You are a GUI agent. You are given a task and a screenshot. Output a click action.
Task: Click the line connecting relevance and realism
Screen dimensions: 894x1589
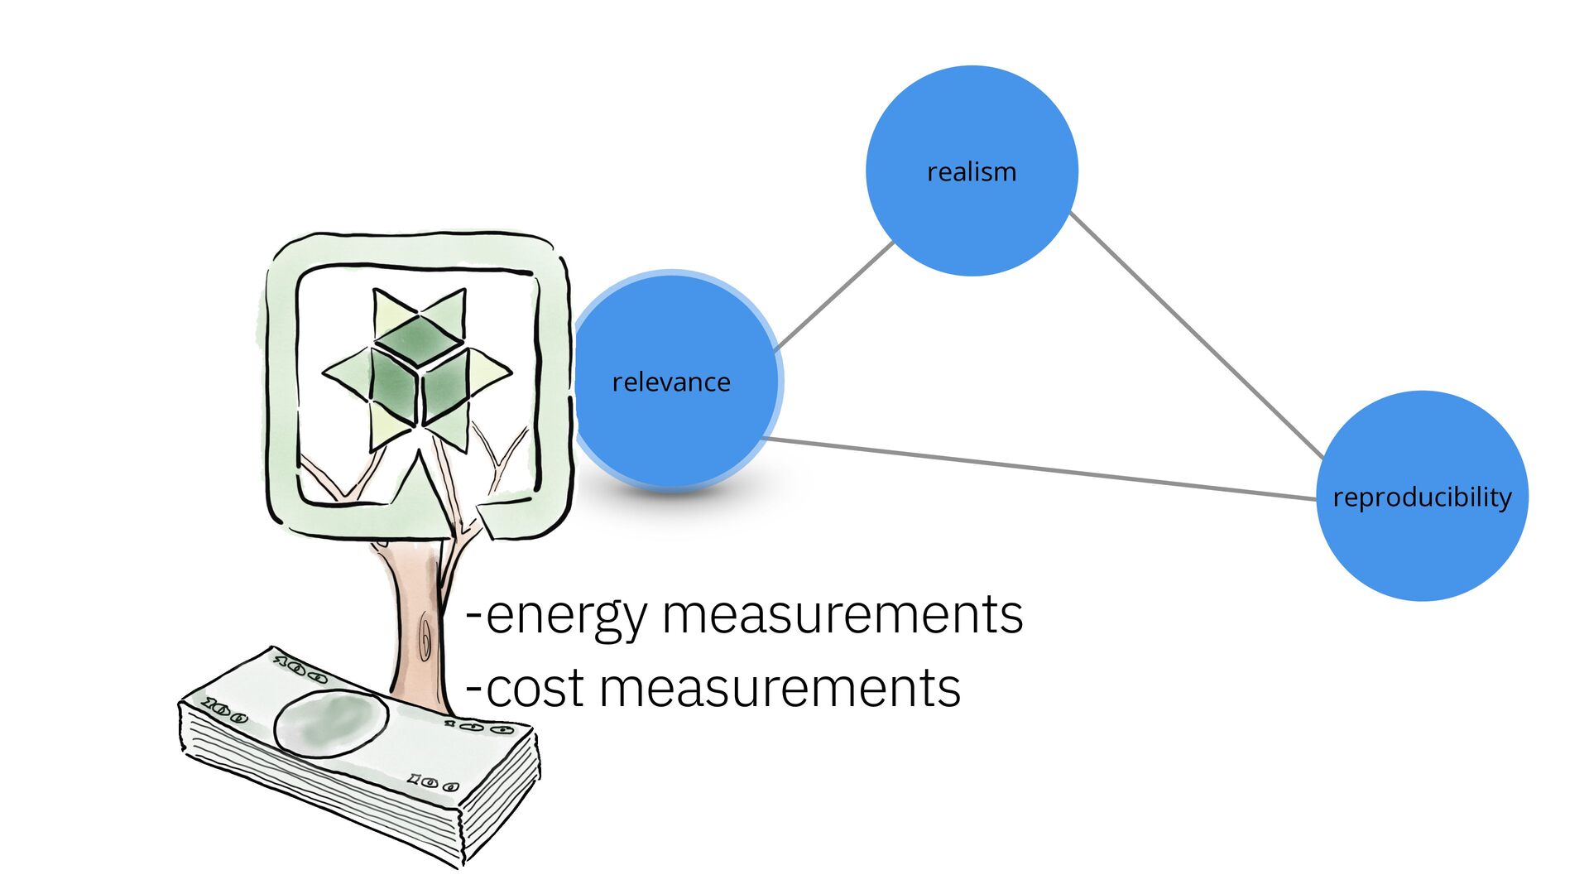coord(834,296)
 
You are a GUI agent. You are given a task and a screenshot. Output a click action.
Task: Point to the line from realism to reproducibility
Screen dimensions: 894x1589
coord(1196,335)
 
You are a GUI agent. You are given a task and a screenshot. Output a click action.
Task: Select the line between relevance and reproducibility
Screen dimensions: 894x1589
coord(1039,469)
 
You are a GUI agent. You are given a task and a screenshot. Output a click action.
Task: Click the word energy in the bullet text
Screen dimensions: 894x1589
coord(566,617)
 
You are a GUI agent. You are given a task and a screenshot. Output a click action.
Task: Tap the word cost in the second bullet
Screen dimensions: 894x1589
coord(535,689)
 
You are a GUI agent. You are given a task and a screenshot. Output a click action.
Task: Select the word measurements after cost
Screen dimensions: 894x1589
coord(780,689)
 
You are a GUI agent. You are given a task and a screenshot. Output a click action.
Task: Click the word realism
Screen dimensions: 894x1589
coord(972,172)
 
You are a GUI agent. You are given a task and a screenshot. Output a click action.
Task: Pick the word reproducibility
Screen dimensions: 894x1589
coord(1422,497)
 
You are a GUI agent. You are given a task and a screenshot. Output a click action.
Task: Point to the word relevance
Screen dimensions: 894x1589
coord(671,382)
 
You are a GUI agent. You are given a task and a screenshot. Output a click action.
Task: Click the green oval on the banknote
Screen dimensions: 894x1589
coord(330,723)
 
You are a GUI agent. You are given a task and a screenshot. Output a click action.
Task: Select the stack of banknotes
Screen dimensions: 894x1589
coord(356,762)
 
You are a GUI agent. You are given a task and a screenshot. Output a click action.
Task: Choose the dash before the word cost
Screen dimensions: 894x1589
coord(474,689)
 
